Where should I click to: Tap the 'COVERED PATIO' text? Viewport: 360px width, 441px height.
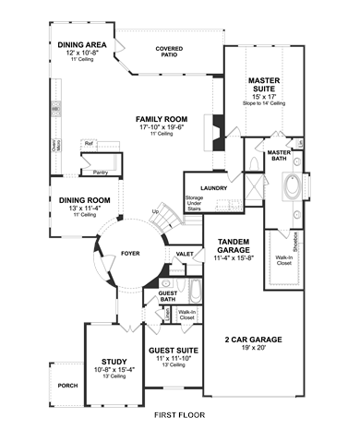coord(169,51)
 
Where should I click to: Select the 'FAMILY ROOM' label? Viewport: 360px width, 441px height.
coord(162,119)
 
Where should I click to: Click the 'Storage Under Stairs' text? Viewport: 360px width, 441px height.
coord(193,203)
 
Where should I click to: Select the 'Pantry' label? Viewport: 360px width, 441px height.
coord(102,171)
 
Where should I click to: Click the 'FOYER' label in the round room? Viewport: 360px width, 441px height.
coord(130,251)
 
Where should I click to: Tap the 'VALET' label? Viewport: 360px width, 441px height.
coord(185,253)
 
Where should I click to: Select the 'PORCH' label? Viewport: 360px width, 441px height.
coord(67,386)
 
